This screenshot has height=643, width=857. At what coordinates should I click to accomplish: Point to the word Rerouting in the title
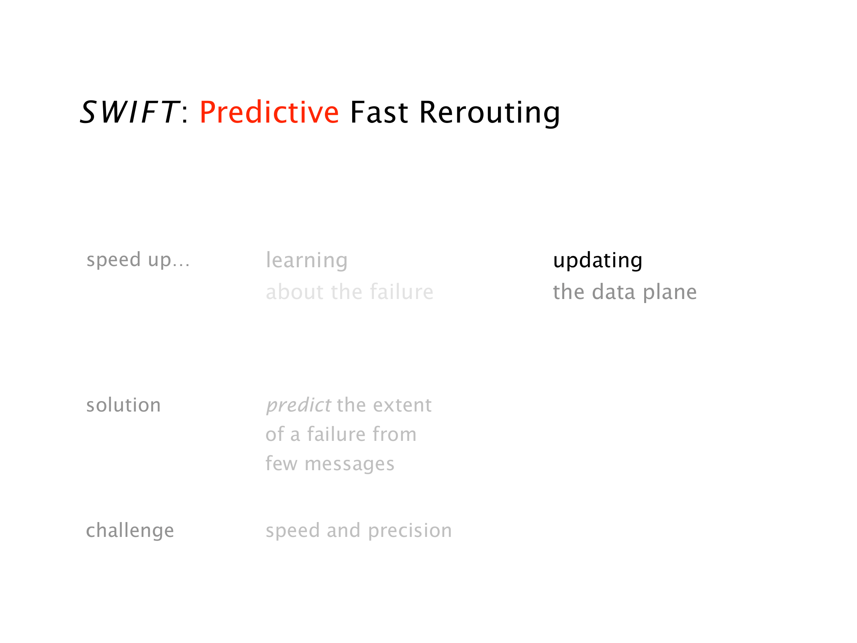click(490, 113)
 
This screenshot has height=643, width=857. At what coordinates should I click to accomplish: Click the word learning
click(307, 261)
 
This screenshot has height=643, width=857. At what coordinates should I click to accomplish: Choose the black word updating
click(598, 261)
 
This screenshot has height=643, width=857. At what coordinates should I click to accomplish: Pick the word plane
click(670, 293)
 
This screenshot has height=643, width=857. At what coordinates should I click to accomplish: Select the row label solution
click(124, 405)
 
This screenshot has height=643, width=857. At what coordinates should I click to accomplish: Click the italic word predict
click(299, 405)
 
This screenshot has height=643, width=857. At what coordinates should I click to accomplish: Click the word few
click(282, 464)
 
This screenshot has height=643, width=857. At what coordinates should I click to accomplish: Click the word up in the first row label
click(159, 261)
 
